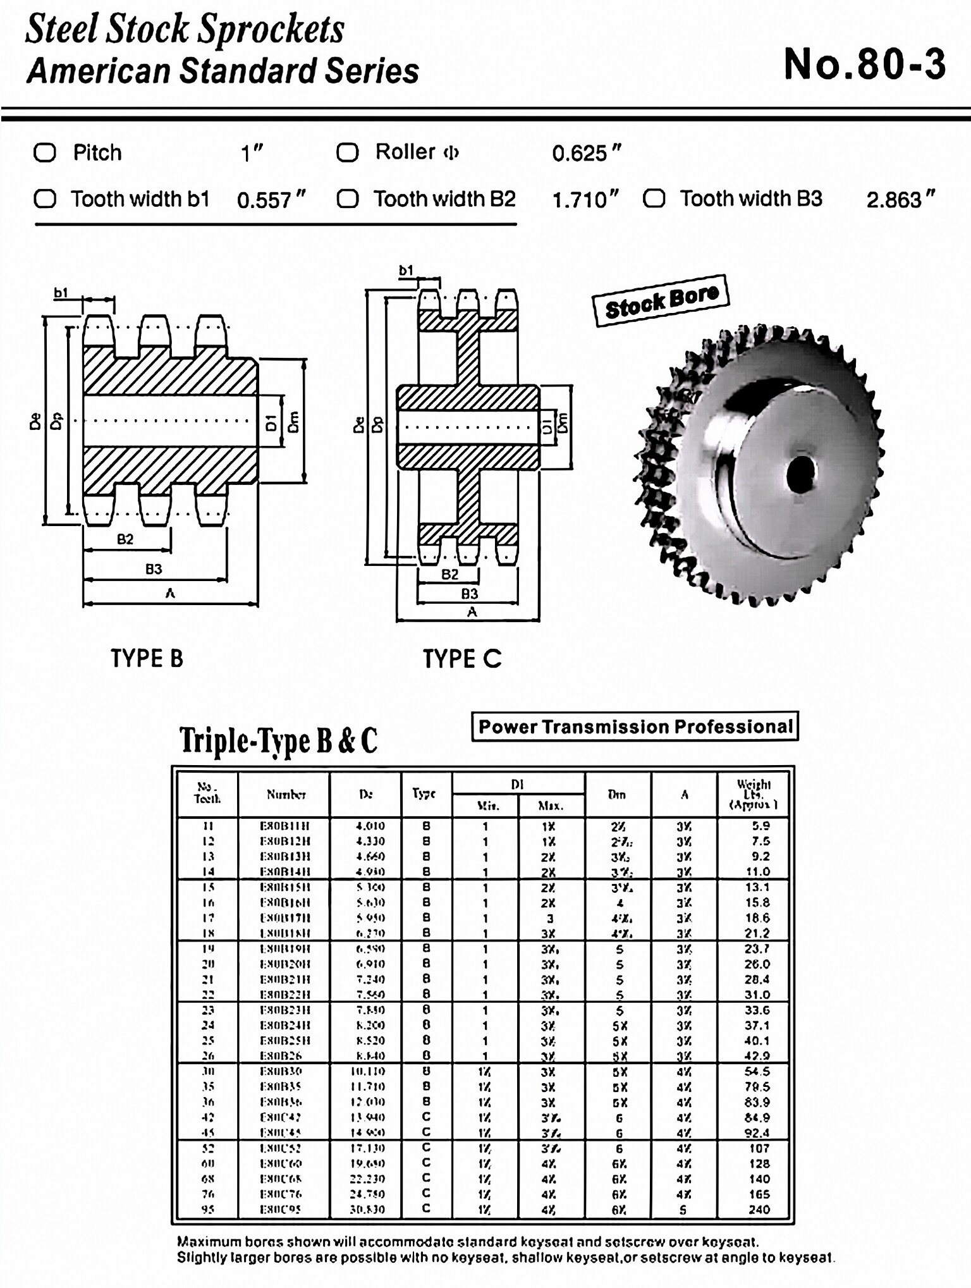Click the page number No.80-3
[864, 64]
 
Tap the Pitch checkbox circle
[45, 152]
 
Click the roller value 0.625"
[586, 153]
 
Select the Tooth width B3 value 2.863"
[900, 200]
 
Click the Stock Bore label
[661, 301]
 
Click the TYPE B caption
[147, 658]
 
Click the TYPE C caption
[462, 659]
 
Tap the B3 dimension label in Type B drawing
[154, 568]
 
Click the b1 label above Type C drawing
[406, 271]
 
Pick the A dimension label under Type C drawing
[472, 612]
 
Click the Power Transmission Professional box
[635, 727]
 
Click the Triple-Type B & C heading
[278, 740]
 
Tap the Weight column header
[753, 794]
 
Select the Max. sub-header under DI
[550, 806]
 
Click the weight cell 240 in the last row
[759, 1210]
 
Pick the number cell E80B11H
[285, 826]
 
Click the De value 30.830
[367, 1210]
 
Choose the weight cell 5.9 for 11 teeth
[760, 826]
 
